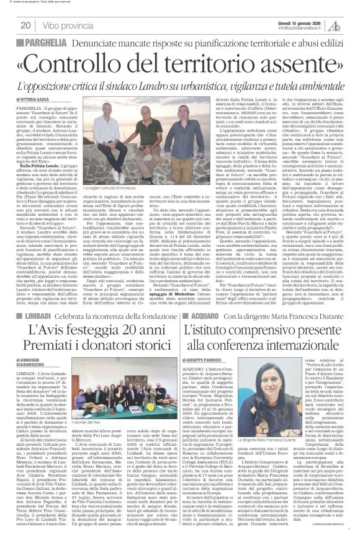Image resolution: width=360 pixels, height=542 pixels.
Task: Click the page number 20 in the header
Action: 25,25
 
